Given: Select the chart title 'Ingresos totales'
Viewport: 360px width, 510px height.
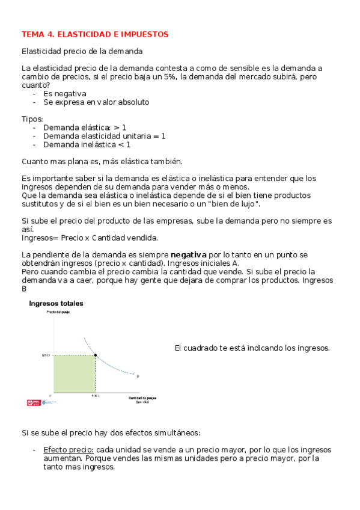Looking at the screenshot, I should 56,304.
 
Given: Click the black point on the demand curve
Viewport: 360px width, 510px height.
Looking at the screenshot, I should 96,355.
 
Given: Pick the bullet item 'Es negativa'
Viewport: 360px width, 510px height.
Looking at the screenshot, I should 64,94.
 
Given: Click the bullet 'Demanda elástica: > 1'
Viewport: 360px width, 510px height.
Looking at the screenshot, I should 85,127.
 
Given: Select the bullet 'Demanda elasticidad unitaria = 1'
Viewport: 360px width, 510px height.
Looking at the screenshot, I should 104,136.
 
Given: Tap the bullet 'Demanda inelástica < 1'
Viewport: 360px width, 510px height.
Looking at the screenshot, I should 87,144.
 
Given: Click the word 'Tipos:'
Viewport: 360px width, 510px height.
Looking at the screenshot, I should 32,119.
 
